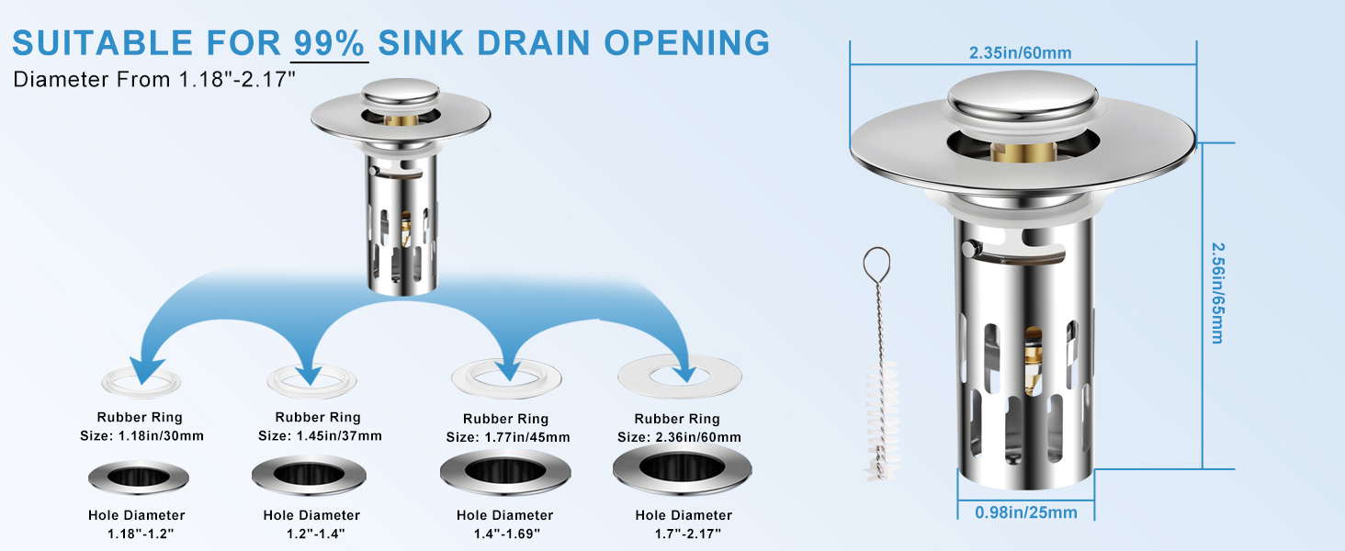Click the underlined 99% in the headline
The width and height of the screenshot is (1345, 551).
pyautogui.click(x=329, y=42)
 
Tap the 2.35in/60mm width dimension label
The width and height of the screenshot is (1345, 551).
pyautogui.click(x=1020, y=53)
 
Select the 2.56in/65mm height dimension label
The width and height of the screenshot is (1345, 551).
pyautogui.click(x=1217, y=293)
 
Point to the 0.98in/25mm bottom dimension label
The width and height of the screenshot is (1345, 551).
pyautogui.click(x=1025, y=512)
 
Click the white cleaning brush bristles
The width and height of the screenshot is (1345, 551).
pyautogui.click(x=882, y=421)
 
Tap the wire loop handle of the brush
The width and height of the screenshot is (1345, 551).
pyautogui.click(x=876, y=264)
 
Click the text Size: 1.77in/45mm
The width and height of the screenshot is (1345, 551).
pyautogui.click(x=508, y=437)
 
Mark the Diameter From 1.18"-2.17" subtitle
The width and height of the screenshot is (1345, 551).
pyautogui.click(x=154, y=79)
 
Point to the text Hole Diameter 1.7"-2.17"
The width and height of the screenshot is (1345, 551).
pyautogui.click(x=684, y=524)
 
